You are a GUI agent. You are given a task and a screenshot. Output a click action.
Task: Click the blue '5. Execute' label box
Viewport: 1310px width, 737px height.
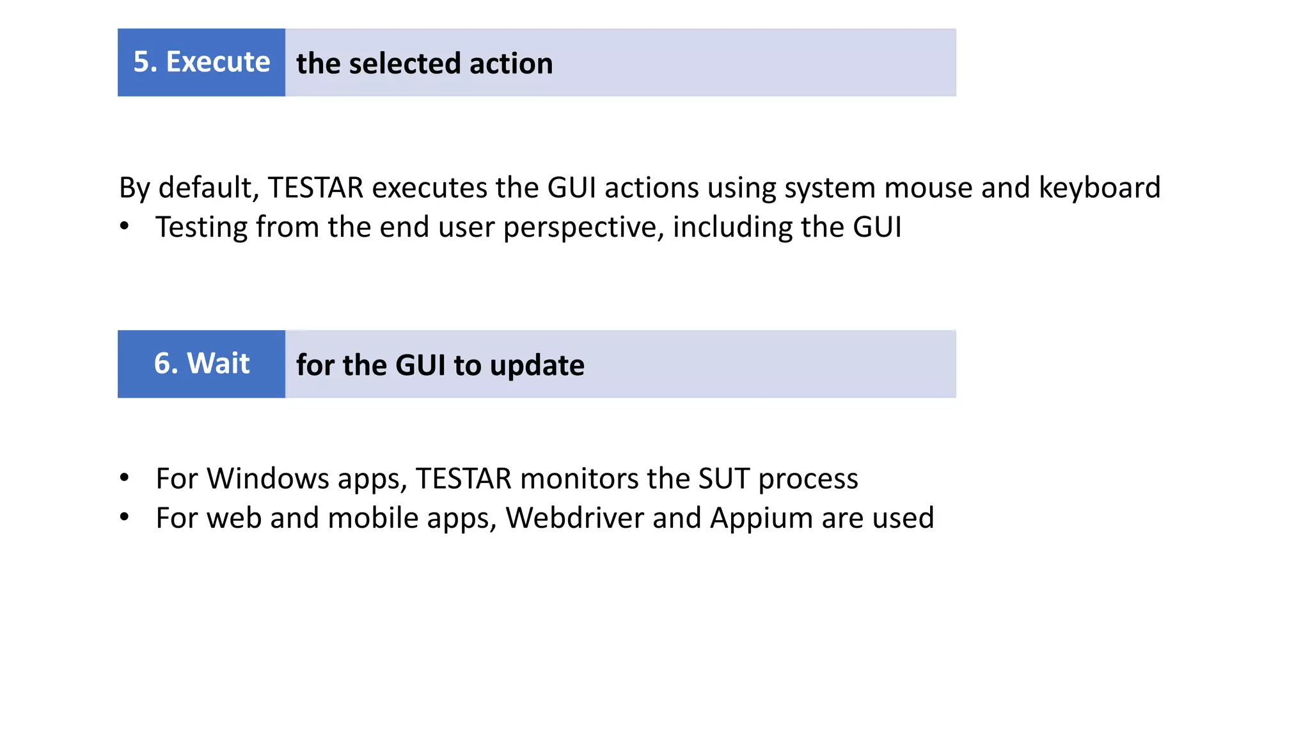click(x=201, y=62)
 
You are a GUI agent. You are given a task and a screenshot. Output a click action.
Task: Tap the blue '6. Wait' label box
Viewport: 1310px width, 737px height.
click(x=201, y=363)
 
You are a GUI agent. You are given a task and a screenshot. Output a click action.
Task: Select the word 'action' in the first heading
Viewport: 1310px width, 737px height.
click(x=511, y=63)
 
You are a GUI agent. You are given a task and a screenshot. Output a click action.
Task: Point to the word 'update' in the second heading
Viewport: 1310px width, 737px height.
click(x=537, y=365)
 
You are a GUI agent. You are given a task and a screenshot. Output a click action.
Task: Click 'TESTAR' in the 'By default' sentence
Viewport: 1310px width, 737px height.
click(x=316, y=187)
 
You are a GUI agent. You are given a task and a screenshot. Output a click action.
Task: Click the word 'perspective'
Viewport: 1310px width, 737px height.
click(x=583, y=227)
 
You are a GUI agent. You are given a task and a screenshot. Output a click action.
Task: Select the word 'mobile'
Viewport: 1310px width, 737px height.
click(x=374, y=518)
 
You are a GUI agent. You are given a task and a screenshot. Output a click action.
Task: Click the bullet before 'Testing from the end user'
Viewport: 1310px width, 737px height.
click(x=125, y=226)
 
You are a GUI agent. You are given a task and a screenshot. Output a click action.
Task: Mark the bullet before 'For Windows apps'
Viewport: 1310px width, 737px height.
click(x=125, y=478)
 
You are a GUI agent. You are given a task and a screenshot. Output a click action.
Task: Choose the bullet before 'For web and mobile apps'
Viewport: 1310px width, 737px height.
click(x=125, y=517)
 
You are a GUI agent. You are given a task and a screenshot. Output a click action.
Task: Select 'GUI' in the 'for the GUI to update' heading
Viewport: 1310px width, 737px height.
click(x=420, y=365)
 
